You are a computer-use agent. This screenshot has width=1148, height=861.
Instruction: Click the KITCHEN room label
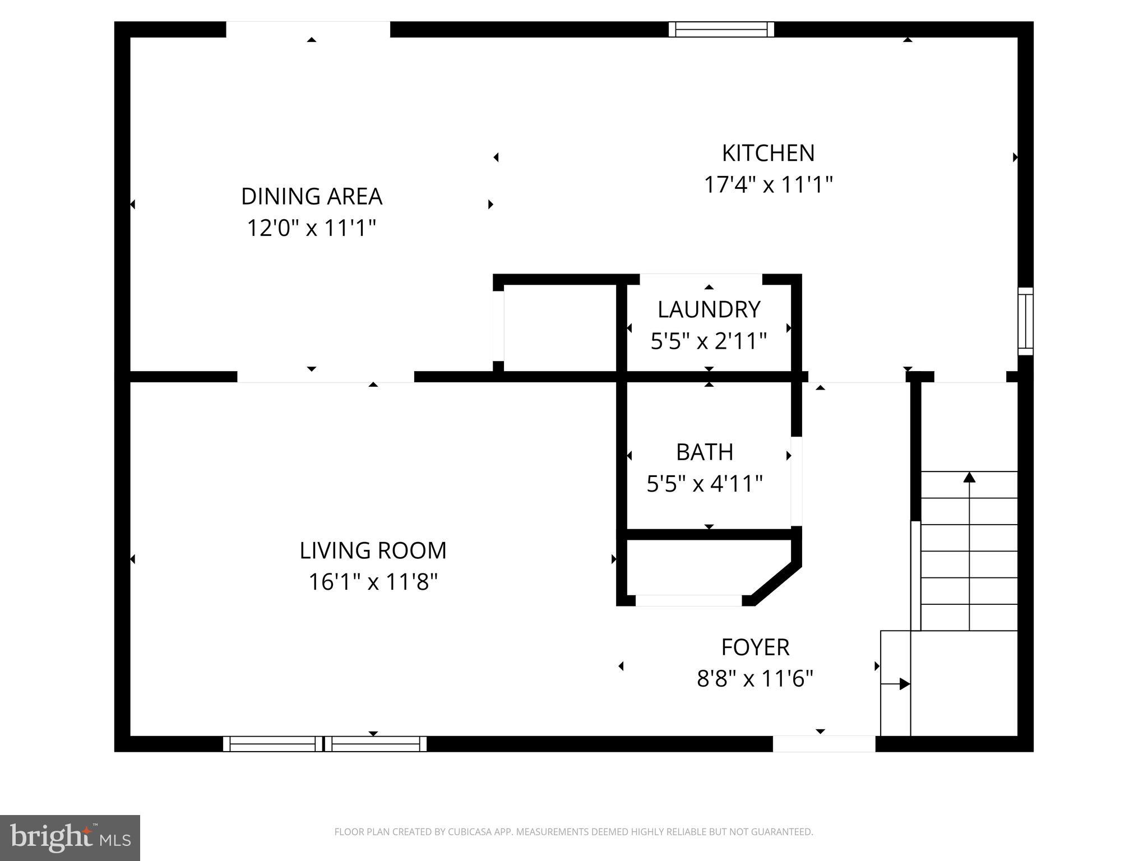[x=768, y=153]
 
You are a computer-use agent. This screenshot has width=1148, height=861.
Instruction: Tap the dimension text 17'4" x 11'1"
[x=768, y=184]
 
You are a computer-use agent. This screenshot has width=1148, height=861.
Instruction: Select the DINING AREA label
[x=312, y=197]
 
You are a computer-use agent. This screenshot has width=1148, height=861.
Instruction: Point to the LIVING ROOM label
[x=373, y=550]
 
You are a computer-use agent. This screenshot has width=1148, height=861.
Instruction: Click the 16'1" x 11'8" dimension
[x=373, y=582]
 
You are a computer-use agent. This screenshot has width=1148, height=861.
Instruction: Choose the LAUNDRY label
[x=709, y=309]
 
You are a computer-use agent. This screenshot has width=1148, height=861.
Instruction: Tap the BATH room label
[x=705, y=452]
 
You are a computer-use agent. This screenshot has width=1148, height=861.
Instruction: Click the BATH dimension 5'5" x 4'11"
[x=705, y=483]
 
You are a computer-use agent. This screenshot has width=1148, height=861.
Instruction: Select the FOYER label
[x=755, y=647]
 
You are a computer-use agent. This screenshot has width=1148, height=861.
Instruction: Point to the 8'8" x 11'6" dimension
[x=755, y=679]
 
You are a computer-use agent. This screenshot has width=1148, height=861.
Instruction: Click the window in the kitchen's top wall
[x=721, y=29]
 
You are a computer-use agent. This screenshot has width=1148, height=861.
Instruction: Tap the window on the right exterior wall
[x=1025, y=321]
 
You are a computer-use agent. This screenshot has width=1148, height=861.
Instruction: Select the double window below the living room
[x=325, y=744]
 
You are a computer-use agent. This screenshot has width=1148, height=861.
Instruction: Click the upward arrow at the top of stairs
[x=969, y=478]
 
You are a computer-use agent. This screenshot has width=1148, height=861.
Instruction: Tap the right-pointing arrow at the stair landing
[x=904, y=684]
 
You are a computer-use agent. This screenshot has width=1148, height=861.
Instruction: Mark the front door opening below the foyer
[x=824, y=744]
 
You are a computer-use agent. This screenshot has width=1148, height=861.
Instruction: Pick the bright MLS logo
[x=70, y=838]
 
